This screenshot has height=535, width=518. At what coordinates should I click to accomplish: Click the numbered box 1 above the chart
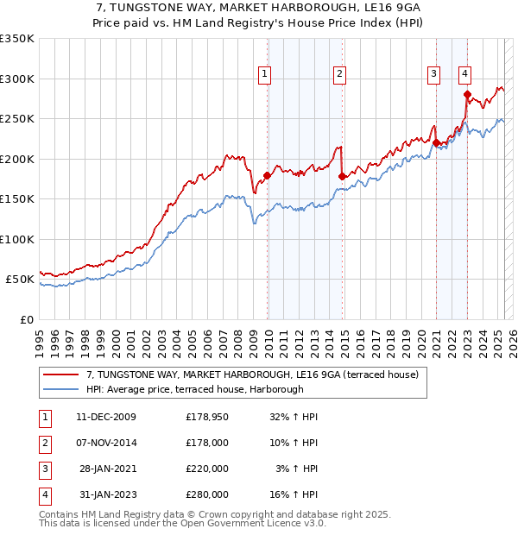[263, 74]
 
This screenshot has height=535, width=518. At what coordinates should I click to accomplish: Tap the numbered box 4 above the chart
[464, 74]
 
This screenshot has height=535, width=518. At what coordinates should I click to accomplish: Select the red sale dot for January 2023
[467, 95]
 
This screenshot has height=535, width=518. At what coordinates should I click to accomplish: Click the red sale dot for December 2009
[268, 176]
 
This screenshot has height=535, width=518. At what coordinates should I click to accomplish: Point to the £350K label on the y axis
[16, 39]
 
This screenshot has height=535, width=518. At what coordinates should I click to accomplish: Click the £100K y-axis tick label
[16, 239]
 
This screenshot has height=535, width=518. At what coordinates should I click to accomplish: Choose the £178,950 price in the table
[207, 417]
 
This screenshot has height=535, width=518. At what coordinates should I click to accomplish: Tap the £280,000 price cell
[207, 494]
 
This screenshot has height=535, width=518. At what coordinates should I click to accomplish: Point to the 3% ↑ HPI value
[297, 469]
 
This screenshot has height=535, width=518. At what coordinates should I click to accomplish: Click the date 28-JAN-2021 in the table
[106, 469]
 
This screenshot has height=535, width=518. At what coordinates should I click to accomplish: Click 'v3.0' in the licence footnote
[312, 523]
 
